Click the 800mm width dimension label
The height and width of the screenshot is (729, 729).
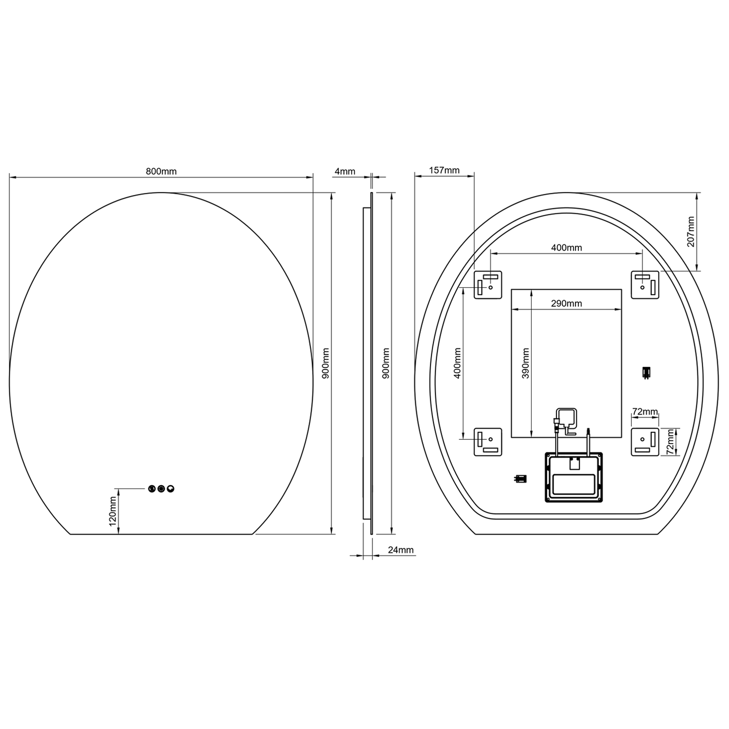[x=161, y=172]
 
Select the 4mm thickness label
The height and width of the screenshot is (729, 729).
[x=345, y=172]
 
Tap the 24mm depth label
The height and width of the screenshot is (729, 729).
[x=400, y=550]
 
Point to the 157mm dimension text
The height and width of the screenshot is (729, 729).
[x=444, y=170]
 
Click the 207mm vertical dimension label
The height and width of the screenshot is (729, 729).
[x=691, y=232]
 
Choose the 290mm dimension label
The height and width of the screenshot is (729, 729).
[x=566, y=304]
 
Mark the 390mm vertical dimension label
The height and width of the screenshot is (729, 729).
[x=525, y=363]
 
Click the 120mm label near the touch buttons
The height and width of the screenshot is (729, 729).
[x=112, y=511]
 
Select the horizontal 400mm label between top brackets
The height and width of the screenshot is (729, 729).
[x=566, y=248]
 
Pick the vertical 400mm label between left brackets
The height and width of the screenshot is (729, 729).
[x=457, y=363]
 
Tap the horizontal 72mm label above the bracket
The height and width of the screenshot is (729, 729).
[x=644, y=412]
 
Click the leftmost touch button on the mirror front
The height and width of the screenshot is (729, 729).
[x=152, y=488]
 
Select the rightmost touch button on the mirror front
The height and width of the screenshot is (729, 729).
[x=171, y=488]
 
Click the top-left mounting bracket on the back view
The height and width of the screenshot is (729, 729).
[x=487, y=285]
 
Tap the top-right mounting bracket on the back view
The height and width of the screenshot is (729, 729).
[x=645, y=285]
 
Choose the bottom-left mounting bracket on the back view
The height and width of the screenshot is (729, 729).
[x=487, y=442]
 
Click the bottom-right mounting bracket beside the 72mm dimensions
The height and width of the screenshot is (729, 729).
[x=645, y=442]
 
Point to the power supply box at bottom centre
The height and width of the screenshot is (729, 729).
[x=573, y=477]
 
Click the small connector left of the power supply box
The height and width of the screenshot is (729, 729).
[x=520, y=479]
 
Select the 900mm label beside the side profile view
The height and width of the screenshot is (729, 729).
[x=386, y=363]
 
